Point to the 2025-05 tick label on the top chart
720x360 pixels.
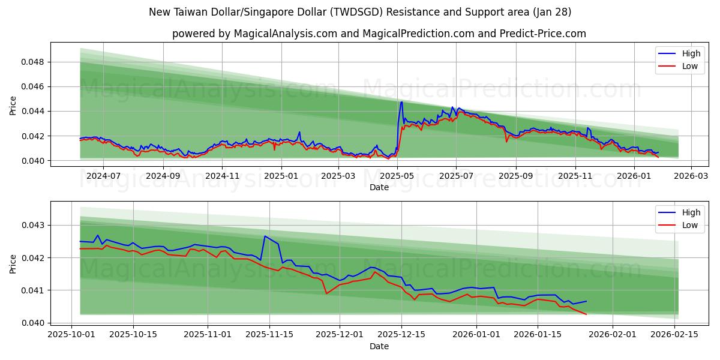pos(397,176)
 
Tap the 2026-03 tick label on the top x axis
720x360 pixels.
pos(691,176)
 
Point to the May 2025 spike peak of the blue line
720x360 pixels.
pos(401,102)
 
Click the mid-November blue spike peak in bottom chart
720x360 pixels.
pos(265,236)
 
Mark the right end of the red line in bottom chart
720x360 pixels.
pos(586,314)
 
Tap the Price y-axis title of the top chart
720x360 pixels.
pos(13,106)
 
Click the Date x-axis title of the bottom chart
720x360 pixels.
pos(379,346)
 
